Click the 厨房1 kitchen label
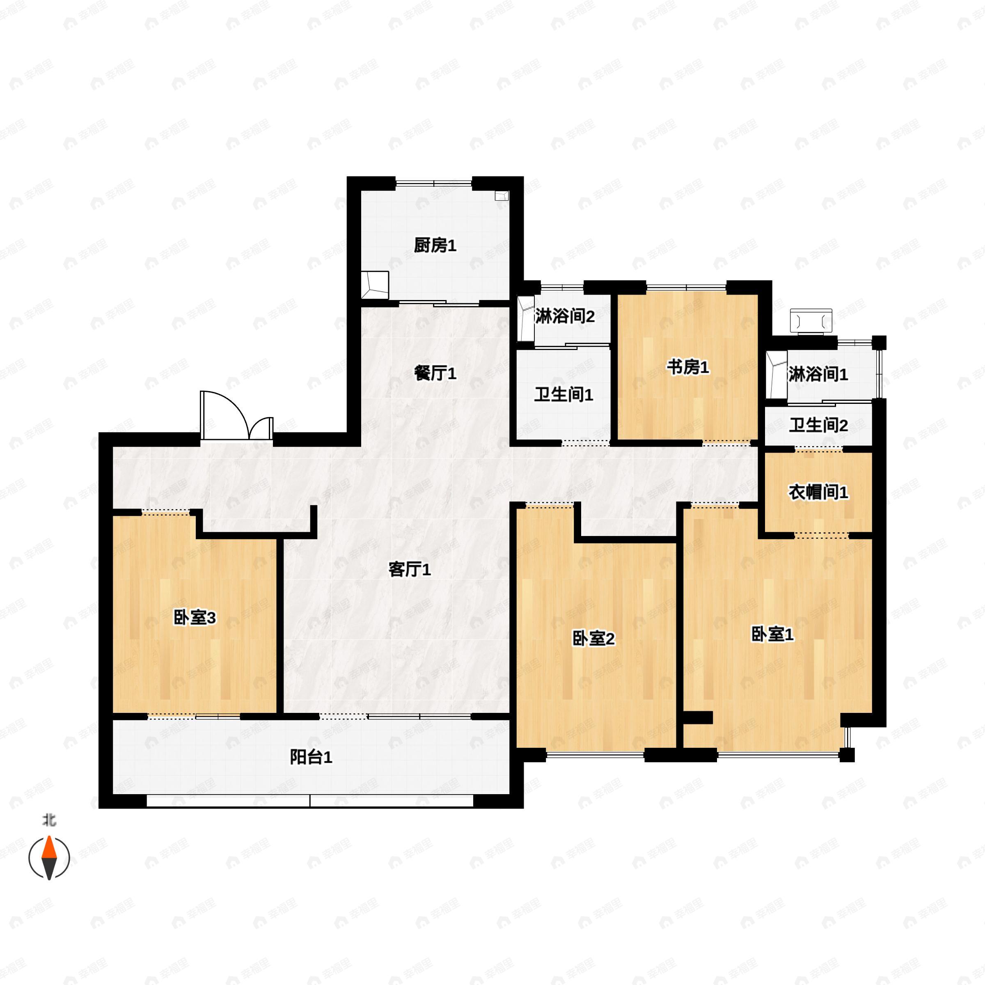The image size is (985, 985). coord(434,246)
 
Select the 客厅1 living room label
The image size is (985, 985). coord(410,570)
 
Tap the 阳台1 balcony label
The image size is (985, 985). coord(311,757)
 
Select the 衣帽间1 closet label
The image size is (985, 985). coord(818,492)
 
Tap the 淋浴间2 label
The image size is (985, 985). coord(564,316)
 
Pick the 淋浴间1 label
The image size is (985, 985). coord(818,375)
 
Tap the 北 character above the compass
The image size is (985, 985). coord(49,820)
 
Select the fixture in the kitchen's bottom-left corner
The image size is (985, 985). coord(375,285)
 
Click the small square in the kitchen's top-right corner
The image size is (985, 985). coord(502,196)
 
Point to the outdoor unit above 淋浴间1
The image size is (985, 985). coord(810,321)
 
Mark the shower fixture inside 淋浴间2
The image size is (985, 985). coord(525,318)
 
